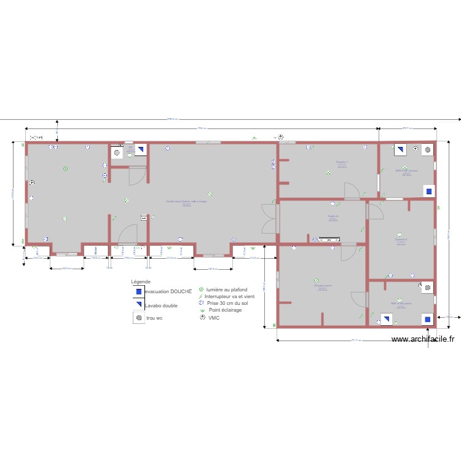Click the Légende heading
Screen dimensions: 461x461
(x=141, y=282)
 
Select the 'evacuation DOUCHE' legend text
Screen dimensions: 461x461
(x=168, y=291)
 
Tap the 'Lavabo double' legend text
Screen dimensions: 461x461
(x=162, y=305)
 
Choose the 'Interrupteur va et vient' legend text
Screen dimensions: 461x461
(x=229, y=296)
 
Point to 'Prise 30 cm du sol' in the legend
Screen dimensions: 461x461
(x=227, y=303)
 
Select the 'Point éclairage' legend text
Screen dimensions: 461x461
(x=225, y=310)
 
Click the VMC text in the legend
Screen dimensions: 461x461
(x=214, y=318)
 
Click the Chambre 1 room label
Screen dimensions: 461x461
(x=342, y=162)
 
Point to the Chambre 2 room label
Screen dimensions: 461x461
(x=400, y=239)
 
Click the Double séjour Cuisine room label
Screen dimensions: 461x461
(x=187, y=202)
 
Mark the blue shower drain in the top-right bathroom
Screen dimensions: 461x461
(x=428, y=192)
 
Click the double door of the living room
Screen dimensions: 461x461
(x=269, y=218)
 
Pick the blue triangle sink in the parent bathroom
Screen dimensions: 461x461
(x=386, y=318)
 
